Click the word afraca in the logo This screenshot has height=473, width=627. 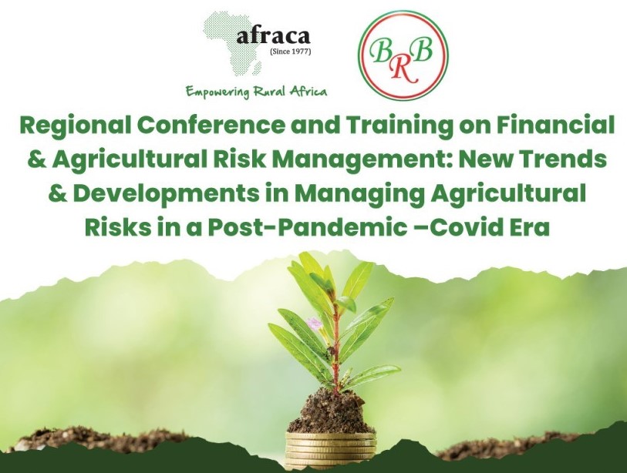tap(273, 36)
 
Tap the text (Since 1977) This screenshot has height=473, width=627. tap(291, 52)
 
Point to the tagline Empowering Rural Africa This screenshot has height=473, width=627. tap(256, 92)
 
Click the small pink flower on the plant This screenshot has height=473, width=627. tap(315, 323)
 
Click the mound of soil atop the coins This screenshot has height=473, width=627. tap(331, 411)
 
